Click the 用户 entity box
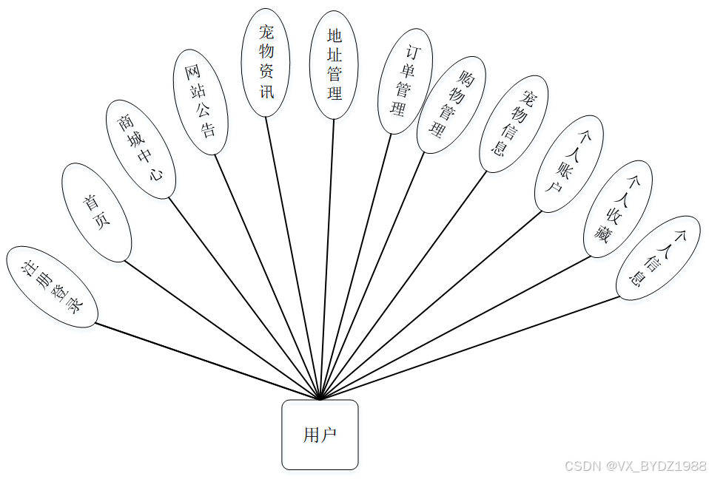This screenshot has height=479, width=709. (320, 435)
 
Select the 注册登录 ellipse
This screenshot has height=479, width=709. (52, 288)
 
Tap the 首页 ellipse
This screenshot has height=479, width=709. (96, 212)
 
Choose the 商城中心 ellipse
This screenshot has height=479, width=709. (141, 149)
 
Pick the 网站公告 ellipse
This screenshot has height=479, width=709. (200, 102)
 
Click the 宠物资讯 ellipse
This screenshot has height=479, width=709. (266, 62)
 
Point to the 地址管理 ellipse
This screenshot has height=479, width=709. (334, 64)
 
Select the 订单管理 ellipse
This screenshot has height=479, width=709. (405, 81)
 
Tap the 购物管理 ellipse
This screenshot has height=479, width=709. (451, 104)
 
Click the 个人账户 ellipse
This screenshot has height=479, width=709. (568, 163)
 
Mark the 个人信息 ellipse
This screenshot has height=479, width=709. (658, 258)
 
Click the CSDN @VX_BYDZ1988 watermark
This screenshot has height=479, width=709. (636, 466)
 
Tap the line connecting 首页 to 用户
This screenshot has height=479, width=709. (222, 330)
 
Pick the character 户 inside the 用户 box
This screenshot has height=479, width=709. (329, 435)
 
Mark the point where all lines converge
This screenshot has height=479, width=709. (319, 400)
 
